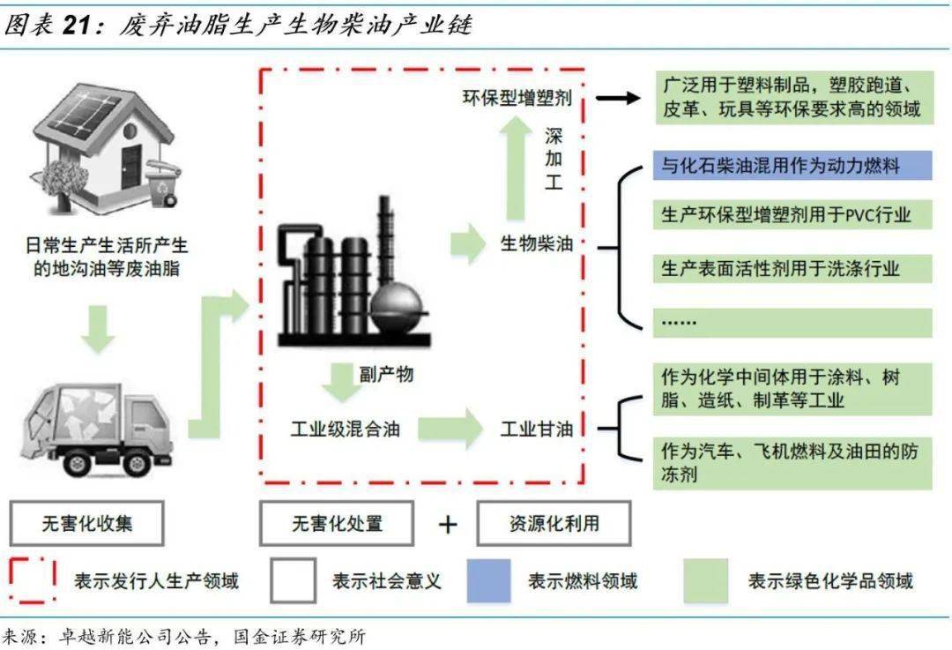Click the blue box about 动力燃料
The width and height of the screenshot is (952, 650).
[x=792, y=165]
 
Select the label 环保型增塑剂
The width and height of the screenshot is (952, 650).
[x=517, y=98]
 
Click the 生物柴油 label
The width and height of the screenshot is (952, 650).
[x=537, y=244]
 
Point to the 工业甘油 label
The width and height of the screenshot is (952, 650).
[x=537, y=430]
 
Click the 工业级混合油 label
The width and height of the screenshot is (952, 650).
[x=346, y=430]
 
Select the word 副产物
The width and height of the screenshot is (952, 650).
[x=386, y=374]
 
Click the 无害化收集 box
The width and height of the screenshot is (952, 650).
[x=87, y=523]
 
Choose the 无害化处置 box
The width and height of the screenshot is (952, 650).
[x=337, y=523]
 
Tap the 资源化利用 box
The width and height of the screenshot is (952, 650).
[x=554, y=523]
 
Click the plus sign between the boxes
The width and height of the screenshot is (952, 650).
[x=448, y=525]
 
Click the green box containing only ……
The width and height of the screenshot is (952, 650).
[x=792, y=322]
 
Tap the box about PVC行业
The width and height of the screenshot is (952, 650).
[x=792, y=214]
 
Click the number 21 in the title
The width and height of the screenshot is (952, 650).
[x=78, y=26]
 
